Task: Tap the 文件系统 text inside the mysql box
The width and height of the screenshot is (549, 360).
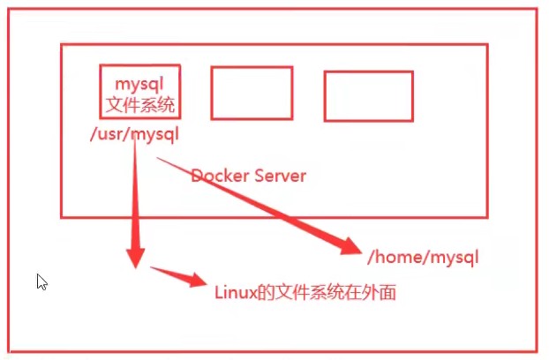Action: tap(140, 106)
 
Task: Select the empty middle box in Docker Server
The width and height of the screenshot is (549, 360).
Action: tap(252, 93)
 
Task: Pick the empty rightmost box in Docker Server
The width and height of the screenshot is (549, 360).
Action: tap(368, 95)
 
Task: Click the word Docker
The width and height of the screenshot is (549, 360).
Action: tap(218, 176)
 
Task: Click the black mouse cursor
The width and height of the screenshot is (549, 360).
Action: tap(41, 281)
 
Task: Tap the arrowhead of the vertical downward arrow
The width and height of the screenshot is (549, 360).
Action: tap(135, 257)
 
